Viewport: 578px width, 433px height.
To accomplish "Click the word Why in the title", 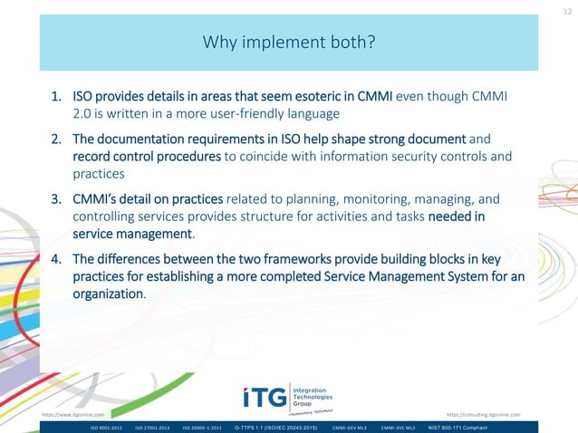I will tap(221, 43).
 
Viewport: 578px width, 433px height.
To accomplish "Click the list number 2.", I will tap(56, 140).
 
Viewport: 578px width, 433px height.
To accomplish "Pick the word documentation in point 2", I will tap(138, 140).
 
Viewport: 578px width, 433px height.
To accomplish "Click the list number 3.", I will tap(56, 198).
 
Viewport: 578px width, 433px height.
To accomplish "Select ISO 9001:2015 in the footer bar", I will tap(105, 427).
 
